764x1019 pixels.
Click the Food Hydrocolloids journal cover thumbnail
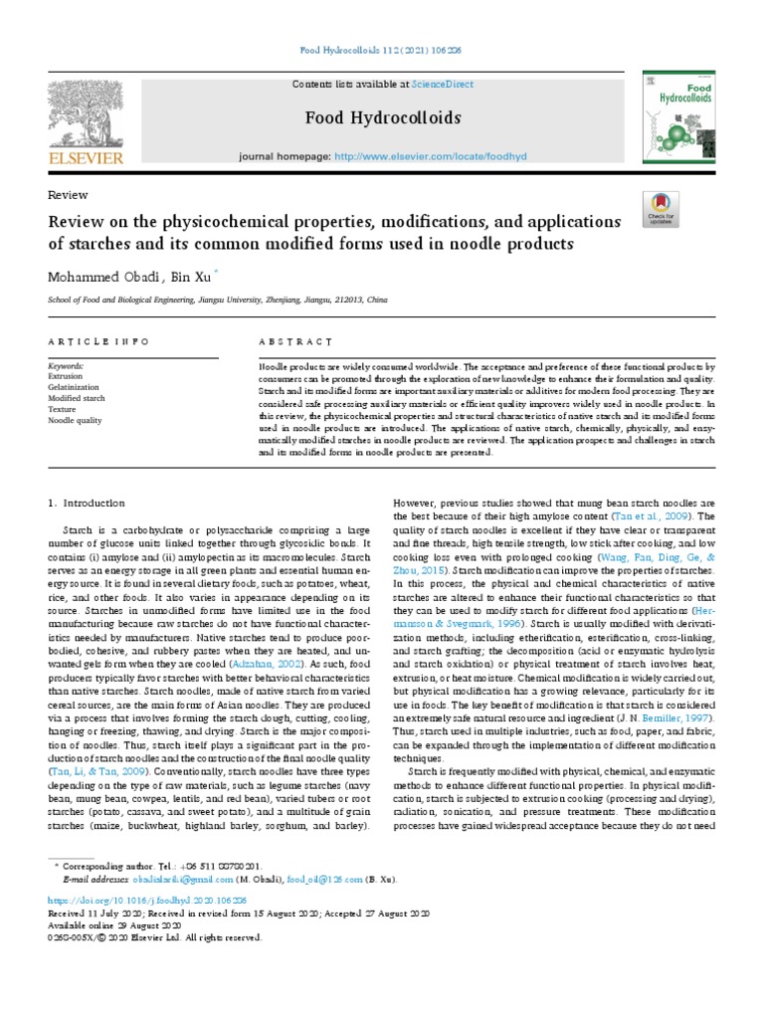[679, 116]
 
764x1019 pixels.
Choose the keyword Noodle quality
[76, 420]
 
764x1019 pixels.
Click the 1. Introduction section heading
[88, 504]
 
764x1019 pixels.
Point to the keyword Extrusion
[65, 376]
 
